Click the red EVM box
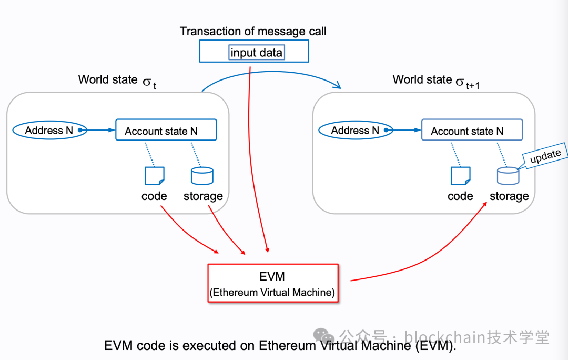272,283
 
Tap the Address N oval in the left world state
49,130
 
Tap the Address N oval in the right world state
355,130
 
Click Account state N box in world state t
166,131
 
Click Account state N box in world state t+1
472,131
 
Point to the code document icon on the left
155,176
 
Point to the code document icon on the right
461,176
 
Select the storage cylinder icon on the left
202,176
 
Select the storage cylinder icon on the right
508,176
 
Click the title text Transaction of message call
253,31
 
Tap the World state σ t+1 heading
437,81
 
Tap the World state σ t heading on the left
117,81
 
